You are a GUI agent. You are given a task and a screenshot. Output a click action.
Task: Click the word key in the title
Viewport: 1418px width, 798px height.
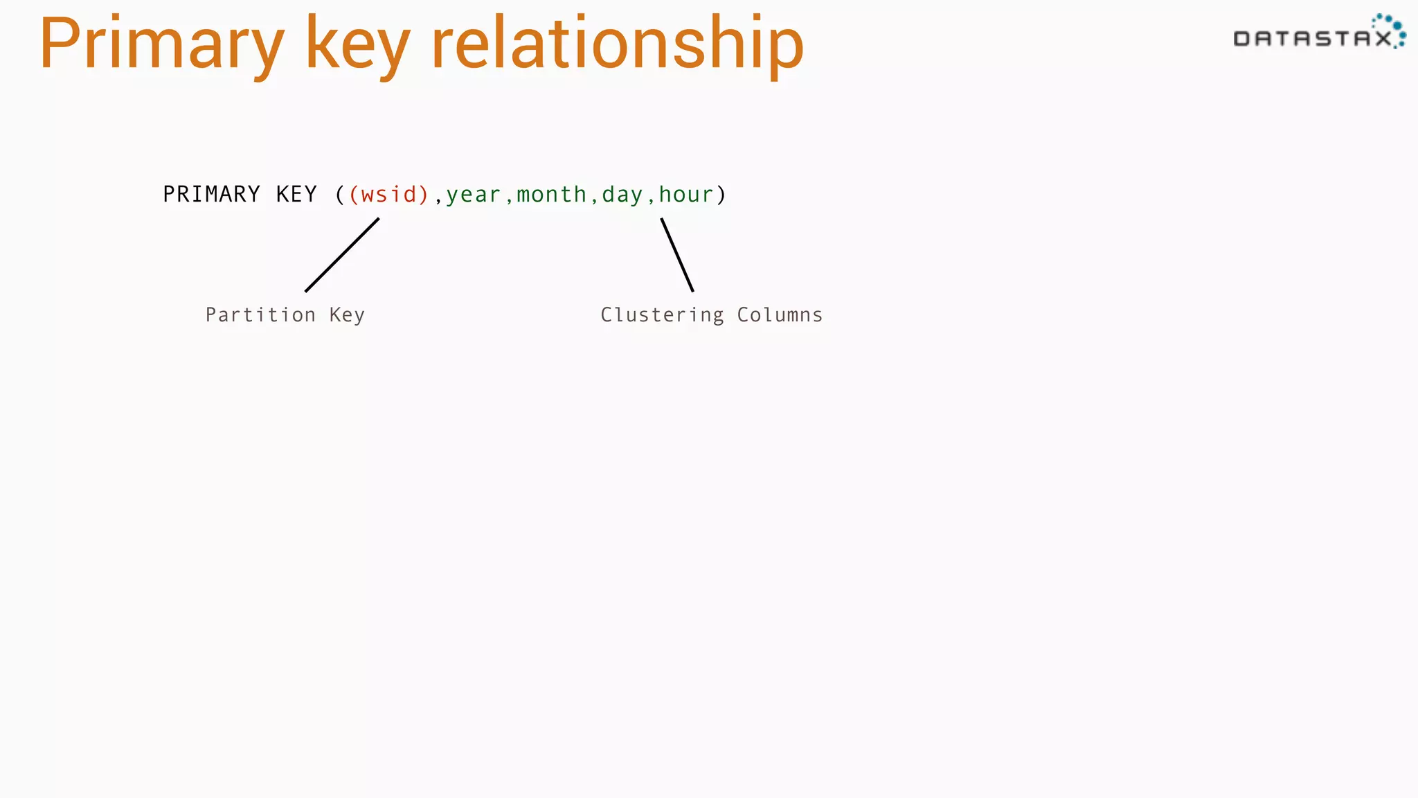(x=357, y=45)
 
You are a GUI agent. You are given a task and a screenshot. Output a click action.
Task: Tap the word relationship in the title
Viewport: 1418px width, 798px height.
(x=617, y=45)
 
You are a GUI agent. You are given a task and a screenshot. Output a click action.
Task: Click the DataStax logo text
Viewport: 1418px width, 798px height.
(x=1313, y=38)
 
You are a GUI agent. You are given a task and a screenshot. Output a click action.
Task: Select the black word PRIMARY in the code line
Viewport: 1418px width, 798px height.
(x=211, y=195)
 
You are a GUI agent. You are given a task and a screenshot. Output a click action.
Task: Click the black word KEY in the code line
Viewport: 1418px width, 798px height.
(x=296, y=195)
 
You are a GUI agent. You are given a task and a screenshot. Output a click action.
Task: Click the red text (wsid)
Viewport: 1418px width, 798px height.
(x=389, y=195)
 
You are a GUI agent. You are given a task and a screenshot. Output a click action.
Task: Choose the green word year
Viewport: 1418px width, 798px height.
(x=473, y=195)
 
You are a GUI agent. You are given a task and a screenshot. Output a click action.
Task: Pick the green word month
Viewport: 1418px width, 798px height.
(x=552, y=195)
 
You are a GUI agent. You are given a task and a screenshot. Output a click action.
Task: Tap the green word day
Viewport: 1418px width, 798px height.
(x=622, y=195)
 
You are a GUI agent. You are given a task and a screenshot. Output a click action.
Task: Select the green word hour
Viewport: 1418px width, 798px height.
(x=685, y=195)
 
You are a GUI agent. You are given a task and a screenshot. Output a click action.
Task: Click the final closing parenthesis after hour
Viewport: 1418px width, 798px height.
(x=721, y=195)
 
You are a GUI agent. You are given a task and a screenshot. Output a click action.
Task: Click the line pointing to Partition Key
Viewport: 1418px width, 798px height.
(x=342, y=255)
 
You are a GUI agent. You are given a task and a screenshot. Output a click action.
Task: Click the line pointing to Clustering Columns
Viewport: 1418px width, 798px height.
(x=677, y=255)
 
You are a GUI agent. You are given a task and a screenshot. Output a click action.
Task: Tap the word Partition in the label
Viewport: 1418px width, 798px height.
(x=260, y=315)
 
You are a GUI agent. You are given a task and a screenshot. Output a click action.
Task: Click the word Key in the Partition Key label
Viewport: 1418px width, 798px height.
(x=347, y=315)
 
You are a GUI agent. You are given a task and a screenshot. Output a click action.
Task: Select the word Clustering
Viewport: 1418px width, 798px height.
(x=662, y=315)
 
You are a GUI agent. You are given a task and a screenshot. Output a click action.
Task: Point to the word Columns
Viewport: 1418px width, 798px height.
(x=780, y=315)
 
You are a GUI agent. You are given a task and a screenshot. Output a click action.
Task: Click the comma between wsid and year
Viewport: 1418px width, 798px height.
(x=438, y=199)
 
